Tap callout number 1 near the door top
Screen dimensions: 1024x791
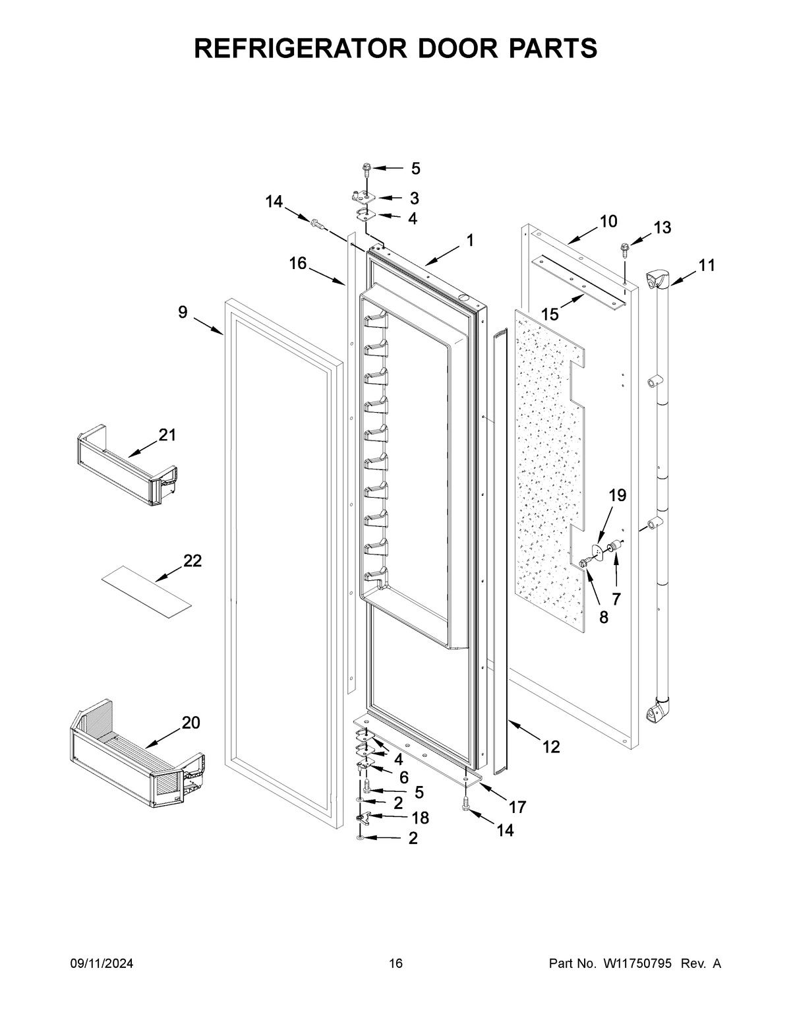pos(469,241)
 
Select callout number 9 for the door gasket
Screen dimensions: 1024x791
pos(183,312)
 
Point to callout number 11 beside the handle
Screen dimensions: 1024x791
pos(707,265)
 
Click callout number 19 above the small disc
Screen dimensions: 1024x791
pos(617,495)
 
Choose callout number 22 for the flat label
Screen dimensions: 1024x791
pos(192,560)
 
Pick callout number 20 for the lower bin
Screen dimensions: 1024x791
pos(190,723)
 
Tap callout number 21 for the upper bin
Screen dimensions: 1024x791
pos(167,435)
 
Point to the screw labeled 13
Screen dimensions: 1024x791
pos(623,249)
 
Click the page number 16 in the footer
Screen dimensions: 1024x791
pos(395,964)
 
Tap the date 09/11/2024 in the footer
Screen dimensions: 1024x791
pos(102,964)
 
